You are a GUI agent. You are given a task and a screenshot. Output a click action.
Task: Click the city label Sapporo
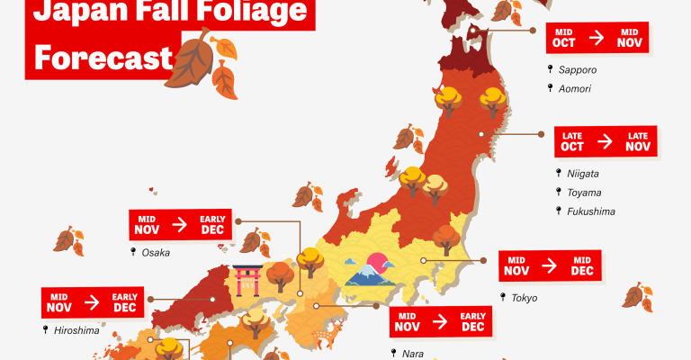point(578,69)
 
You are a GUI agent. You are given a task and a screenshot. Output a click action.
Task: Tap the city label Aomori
point(576,87)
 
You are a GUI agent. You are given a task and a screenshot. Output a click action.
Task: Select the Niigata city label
point(583,173)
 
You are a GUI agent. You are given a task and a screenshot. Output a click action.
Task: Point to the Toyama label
point(584,193)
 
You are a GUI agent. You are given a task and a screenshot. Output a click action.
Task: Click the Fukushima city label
point(590,211)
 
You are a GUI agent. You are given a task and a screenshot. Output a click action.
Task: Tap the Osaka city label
point(156,253)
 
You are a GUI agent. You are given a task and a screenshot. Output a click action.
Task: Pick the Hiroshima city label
point(76,330)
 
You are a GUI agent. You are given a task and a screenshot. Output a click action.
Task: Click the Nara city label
point(412,354)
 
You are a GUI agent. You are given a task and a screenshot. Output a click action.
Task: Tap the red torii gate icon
point(246,279)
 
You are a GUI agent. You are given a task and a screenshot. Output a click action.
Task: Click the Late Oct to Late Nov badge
point(605,141)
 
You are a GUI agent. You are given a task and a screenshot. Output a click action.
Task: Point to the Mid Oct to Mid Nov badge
point(597,38)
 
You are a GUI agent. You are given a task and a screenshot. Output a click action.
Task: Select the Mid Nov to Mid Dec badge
point(550,266)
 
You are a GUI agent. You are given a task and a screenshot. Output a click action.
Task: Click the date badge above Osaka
point(180,224)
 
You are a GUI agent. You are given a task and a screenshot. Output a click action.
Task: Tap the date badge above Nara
point(440,323)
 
